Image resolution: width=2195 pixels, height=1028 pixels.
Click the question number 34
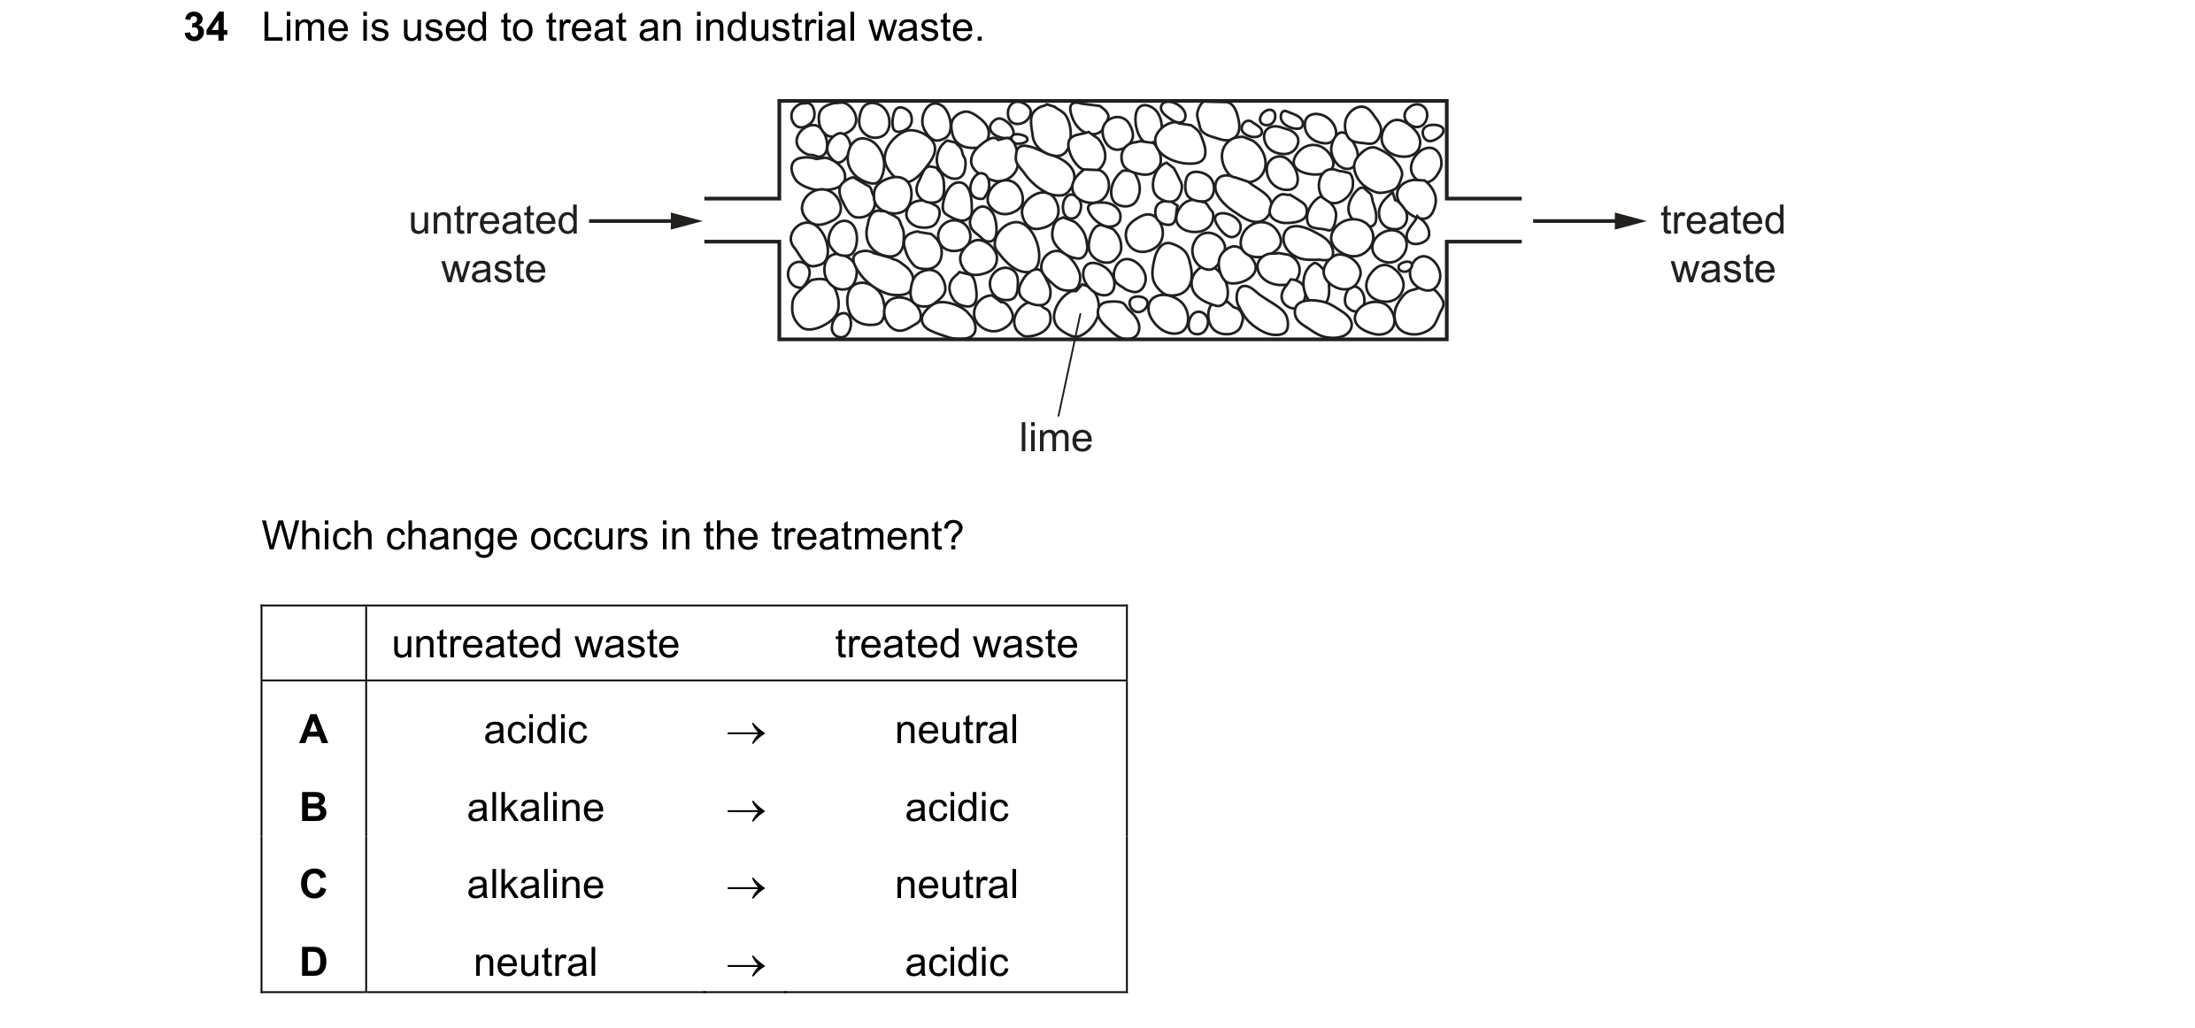pos(205,27)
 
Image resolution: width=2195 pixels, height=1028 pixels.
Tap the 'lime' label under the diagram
pos(1056,438)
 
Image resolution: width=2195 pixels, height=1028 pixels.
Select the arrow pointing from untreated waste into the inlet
pos(645,221)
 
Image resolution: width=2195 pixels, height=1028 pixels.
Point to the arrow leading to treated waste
pos(1589,221)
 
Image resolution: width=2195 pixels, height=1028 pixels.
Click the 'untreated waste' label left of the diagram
pos(494,244)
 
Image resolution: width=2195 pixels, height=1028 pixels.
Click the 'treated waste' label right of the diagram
pos(1722,244)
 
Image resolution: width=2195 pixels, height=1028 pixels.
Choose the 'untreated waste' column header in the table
pos(535,644)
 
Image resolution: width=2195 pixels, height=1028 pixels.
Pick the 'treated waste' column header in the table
pos(957,644)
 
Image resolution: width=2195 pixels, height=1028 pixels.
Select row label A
pos(313,730)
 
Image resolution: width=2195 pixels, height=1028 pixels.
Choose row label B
pos(313,807)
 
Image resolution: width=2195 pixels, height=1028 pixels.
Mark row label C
pos(313,885)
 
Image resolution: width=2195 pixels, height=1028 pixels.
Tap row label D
pos(313,962)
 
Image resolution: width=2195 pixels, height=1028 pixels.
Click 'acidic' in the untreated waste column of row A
pos(535,731)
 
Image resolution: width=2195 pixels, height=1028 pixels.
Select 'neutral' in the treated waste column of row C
pos(957,885)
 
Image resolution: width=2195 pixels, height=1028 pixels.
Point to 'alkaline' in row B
pos(535,808)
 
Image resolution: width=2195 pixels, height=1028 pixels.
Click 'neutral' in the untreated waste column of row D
pos(535,963)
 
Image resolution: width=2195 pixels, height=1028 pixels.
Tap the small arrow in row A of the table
pos(745,733)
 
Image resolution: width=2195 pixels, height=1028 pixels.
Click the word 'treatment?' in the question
pos(866,536)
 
